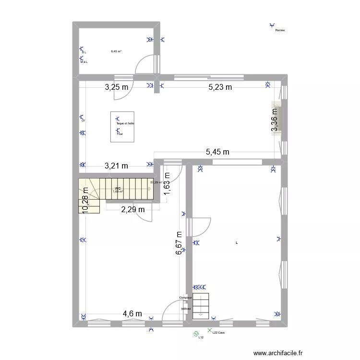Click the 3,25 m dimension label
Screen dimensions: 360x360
pyautogui.click(x=117, y=87)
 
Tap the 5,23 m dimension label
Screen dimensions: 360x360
pyautogui.click(x=220, y=87)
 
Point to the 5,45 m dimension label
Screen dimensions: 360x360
pyautogui.click(x=217, y=152)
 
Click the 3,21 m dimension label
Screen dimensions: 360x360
pyautogui.click(x=116, y=166)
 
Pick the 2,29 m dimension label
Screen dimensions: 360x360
pyautogui.click(x=133, y=209)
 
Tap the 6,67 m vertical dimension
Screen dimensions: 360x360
pyautogui.click(x=179, y=243)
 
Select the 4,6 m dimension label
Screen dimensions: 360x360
pyautogui.click(x=132, y=314)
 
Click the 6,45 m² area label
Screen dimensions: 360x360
pyautogui.click(x=116, y=51)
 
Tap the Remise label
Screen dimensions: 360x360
pyautogui.click(x=280, y=30)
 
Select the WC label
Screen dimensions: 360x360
pyautogui.click(x=118, y=188)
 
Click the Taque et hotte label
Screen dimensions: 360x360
pyautogui.click(x=125, y=123)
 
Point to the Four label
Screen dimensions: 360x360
pyautogui.click(x=120, y=134)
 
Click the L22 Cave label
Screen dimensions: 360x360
pyautogui.click(x=218, y=332)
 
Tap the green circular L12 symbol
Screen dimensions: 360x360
pyautogui.click(x=196, y=334)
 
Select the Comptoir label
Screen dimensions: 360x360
pyautogui.click(x=185, y=298)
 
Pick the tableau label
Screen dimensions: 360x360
pyautogui.click(x=186, y=308)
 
